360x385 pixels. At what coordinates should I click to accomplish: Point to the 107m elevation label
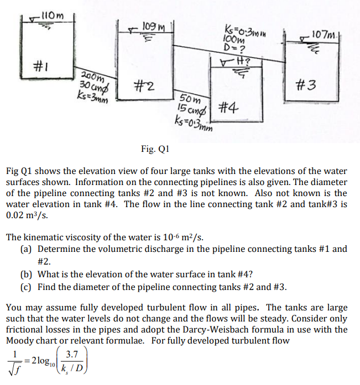coord(324,35)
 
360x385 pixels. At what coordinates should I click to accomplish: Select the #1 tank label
coord(41,66)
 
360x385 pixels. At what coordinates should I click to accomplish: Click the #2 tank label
coord(144,86)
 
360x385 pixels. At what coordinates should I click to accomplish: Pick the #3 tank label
coord(306,85)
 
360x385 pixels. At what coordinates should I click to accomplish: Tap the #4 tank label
coord(228,108)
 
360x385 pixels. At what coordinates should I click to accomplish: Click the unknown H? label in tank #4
coord(243,61)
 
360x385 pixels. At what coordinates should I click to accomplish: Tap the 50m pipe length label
coord(190,99)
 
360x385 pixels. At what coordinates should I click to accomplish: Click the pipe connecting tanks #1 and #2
coord(96,73)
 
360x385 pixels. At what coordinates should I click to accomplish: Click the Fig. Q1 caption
coord(155,149)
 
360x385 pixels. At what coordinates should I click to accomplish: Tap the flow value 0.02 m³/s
coord(27,215)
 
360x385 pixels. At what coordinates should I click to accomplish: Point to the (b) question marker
coord(26,275)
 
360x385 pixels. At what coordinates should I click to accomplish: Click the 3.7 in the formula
coord(72,354)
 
